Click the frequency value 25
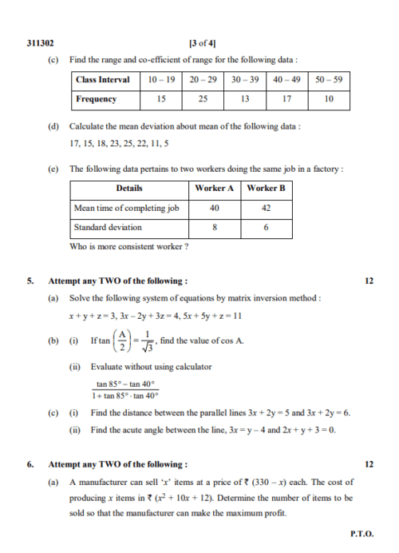coord(203,99)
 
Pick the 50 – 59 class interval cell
coord(328,80)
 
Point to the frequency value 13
coord(245,99)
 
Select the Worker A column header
coord(215,189)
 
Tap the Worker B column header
coord(267,189)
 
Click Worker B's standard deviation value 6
coord(267,227)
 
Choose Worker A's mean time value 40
coord(215,208)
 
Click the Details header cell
coord(129,189)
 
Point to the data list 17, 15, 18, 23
coord(111,144)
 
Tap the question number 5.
coord(30,281)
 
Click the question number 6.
coord(30,464)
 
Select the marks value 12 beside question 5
coord(368,281)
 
